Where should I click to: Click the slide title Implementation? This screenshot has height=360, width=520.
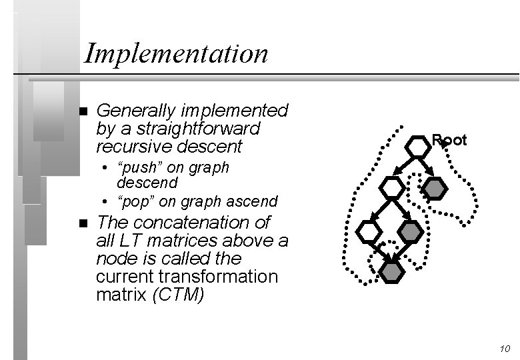[176, 53]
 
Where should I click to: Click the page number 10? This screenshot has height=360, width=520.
[503, 349]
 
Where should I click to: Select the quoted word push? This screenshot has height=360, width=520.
[139, 167]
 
